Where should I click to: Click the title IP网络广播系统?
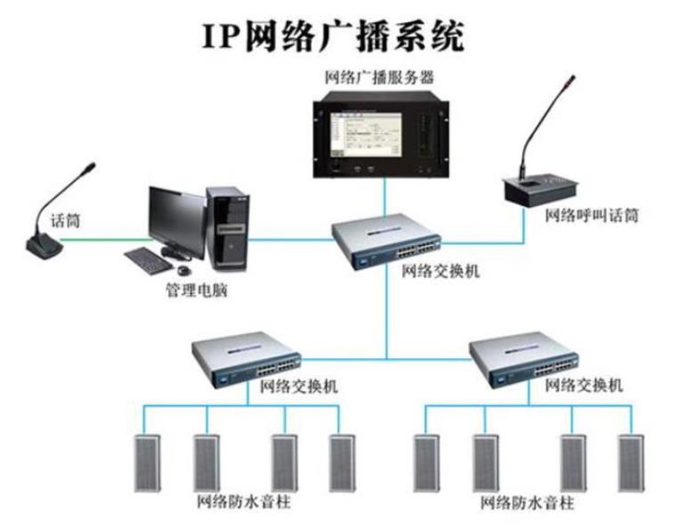tap(333, 37)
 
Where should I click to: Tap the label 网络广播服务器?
tap(379, 78)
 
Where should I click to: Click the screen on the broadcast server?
tap(365, 135)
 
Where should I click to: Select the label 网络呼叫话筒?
tap(591, 216)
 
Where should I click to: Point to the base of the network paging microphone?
tap(540, 189)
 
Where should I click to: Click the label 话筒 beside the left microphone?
tap(65, 220)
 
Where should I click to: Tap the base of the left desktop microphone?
tap(44, 246)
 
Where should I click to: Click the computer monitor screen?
tap(176, 219)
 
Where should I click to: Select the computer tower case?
tap(228, 228)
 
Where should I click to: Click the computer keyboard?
tap(148, 260)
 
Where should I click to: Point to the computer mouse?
tap(184, 270)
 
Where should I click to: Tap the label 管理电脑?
tap(197, 291)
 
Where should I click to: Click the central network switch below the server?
tap(386, 241)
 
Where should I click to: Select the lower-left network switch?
tap(246, 358)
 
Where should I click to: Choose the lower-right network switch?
tap(524, 359)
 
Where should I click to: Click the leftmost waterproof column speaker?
tap(147, 462)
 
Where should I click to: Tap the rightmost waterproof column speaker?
tap(631, 462)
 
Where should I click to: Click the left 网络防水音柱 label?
tap(244, 503)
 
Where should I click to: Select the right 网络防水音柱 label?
tap(528, 503)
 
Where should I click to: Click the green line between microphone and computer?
tap(105, 239)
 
